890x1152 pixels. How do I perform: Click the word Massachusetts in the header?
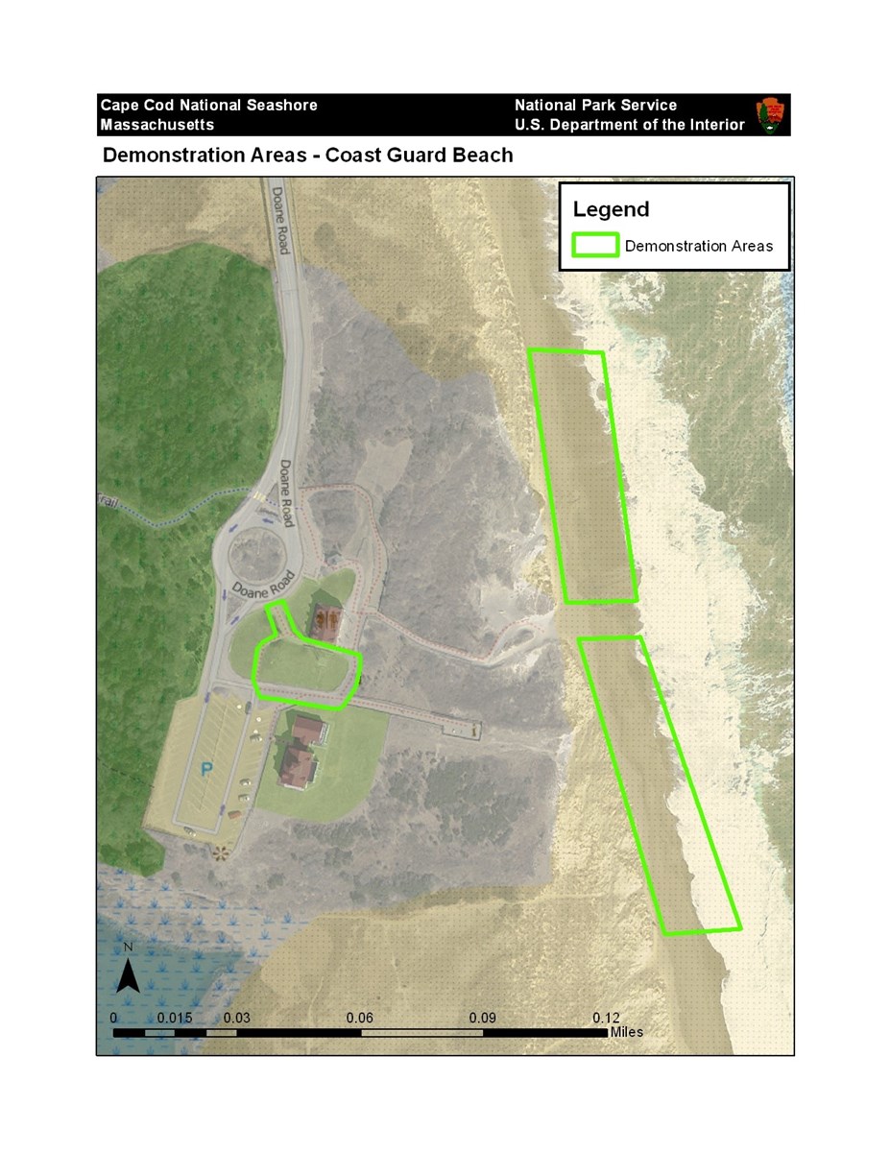click(x=156, y=125)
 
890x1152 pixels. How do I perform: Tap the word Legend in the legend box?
click(x=611, y=209)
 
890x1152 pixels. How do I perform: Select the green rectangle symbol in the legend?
click(x=594, y=246)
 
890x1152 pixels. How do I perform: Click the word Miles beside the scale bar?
click(x=626, y=1032)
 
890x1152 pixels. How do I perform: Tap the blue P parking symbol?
click(x=206, y=768)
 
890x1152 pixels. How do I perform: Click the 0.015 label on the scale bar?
click(x=175, y=1018)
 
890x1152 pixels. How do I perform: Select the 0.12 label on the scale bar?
click(x=607, y=1018)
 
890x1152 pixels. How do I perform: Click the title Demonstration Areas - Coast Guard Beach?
click(x=307, y=155)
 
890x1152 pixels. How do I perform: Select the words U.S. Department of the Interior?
click(x=629, y=125)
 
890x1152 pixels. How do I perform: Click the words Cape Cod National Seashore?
click(x=208, y=105)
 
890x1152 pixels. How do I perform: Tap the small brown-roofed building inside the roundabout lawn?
click(x=324, y=623)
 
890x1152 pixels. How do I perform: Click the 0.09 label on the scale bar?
click(x=484, y=1018)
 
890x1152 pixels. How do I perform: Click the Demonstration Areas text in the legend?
click(x=698, y=246)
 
